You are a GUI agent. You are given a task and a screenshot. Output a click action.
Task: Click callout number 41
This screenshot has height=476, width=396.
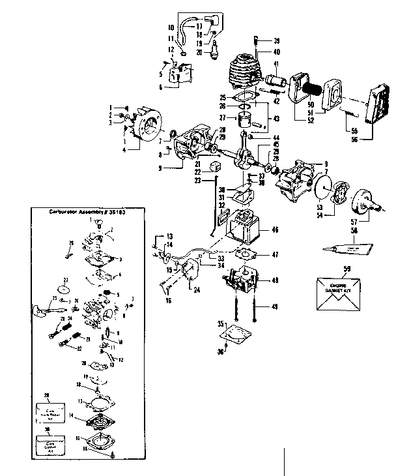[276, 64]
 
